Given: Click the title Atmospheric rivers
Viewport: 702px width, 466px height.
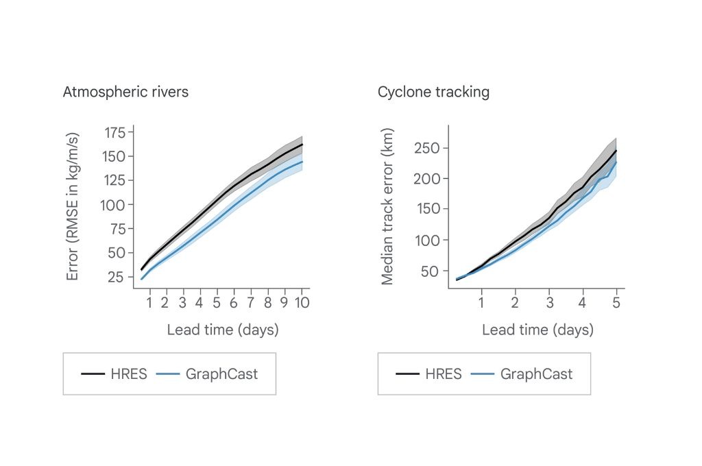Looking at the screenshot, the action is point(125,93).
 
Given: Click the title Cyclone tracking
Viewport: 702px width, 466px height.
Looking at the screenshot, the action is point(433,93).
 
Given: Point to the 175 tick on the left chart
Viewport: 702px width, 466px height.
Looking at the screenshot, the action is point(114,133).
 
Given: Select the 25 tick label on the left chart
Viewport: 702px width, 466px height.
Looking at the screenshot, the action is point(115,277).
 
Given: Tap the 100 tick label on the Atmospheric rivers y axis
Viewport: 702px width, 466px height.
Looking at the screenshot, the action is point(112,205).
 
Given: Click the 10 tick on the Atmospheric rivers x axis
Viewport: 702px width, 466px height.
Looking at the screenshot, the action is point(302,303).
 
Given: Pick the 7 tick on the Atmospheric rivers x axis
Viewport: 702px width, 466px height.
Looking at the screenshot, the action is point(251,303).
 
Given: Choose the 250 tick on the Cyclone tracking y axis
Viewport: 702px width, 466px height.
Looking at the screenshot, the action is point(427,148).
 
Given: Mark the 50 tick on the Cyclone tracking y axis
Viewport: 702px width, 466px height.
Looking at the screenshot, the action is point(429,271).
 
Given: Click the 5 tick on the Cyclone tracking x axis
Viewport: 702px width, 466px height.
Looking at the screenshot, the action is point(616,303).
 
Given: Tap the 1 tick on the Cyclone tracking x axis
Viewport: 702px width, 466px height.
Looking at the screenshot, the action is point(481,303).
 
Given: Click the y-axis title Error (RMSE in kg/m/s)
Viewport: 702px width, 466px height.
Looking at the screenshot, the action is point(72,206).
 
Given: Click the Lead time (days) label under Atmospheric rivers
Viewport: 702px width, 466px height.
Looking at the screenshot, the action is point(223,330).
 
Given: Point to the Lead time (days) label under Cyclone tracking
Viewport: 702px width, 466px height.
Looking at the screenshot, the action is point(537,330).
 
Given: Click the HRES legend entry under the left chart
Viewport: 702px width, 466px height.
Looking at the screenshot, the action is point(114,373).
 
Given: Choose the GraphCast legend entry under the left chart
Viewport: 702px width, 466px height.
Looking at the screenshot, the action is point(207,373).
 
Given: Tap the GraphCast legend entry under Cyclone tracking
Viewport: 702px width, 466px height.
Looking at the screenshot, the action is point(522,373).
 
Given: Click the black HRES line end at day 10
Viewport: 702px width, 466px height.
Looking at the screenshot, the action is point(302,144).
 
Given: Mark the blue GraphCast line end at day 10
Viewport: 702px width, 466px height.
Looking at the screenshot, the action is point(302,162).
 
